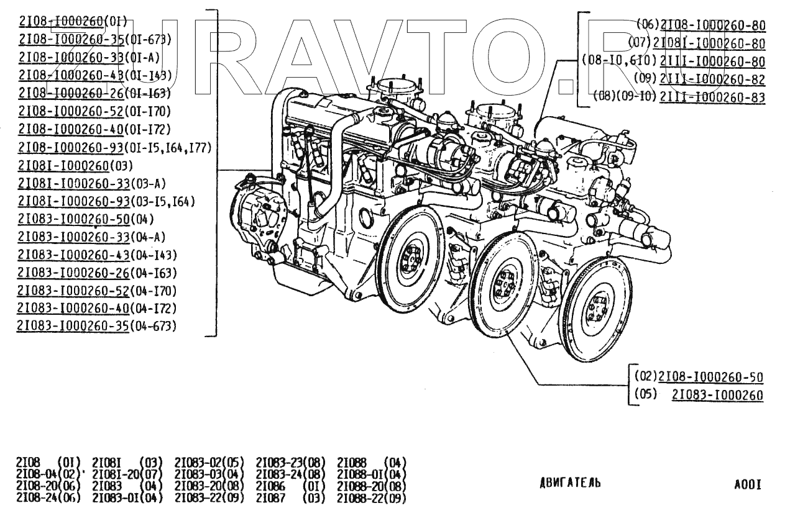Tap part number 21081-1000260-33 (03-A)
74,183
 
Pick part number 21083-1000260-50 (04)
74,219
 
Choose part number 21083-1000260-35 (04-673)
74,325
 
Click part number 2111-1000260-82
712,79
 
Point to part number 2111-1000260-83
712,97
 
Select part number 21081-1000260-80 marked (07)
709,43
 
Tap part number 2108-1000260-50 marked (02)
710,377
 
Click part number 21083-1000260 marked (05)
717,395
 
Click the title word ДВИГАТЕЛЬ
570,484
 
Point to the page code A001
747,484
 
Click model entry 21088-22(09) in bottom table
371,497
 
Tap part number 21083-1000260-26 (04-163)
74,273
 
